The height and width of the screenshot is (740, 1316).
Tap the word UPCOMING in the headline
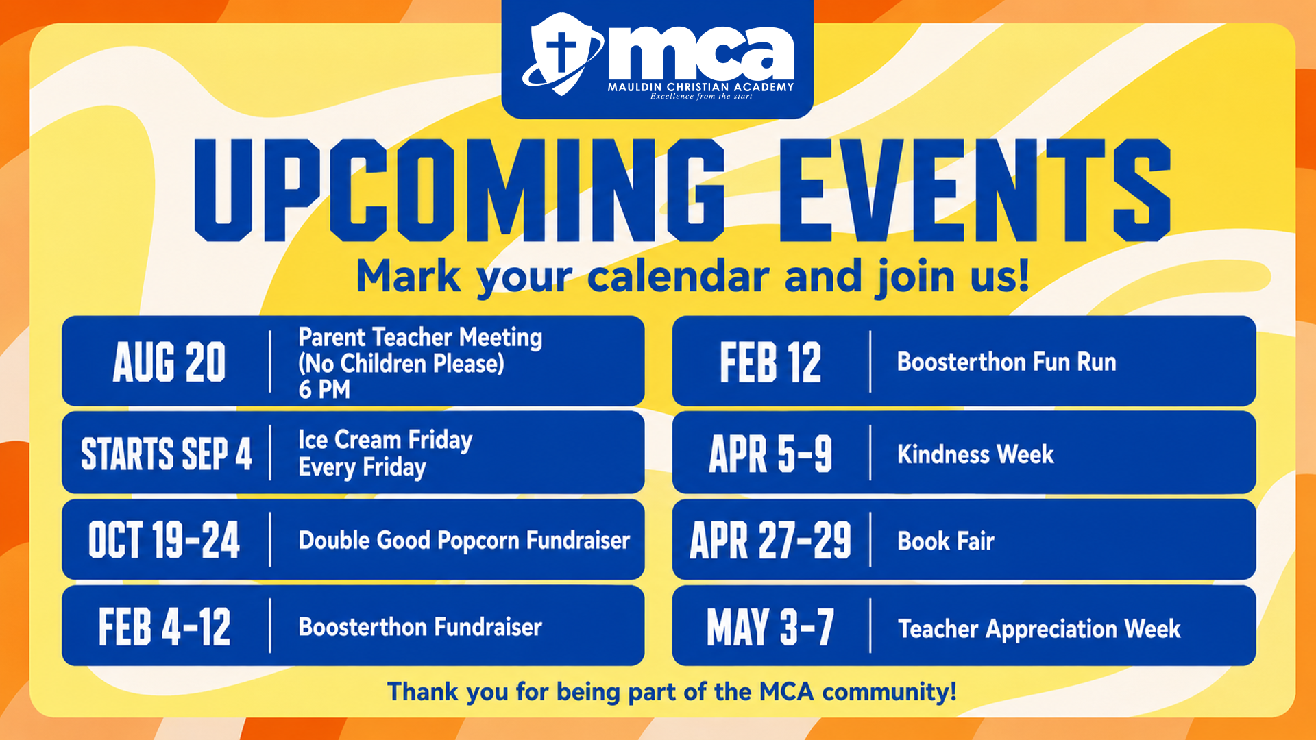pos(460,190)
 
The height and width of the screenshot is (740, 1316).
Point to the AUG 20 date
pos(169,362)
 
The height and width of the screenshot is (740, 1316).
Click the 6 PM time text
pos(324,389)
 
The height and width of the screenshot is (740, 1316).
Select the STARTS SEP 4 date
pos(167,454)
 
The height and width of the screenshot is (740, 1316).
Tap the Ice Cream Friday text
pos(386,440)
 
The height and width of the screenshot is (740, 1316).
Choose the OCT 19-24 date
pos(164,540)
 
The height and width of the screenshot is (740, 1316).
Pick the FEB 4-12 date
pos(164,626)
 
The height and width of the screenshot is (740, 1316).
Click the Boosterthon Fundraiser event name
pos(420,627)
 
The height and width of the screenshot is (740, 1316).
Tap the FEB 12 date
pos(770,362)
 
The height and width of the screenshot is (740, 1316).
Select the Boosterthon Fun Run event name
pos(1007,362)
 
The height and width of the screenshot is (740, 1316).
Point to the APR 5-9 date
pos(770,454)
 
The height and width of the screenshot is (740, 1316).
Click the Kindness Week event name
pos(975,454)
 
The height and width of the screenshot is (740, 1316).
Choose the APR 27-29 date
pos(770,540)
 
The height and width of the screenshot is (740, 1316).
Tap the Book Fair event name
pos(946,541)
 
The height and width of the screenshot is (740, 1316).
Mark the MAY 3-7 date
pos(770,626)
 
